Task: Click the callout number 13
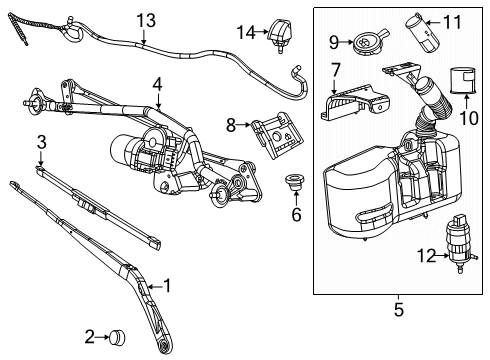tap(147, 20)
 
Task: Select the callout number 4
tap(157, 85)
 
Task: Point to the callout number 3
tap(42, 141)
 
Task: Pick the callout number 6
tap(296, 214)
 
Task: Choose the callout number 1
tap(169, 286)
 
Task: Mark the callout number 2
tap(90, 335)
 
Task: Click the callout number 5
tap(398, 310)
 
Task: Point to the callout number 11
tap(453, 21)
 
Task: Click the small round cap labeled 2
tap(118, 335)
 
